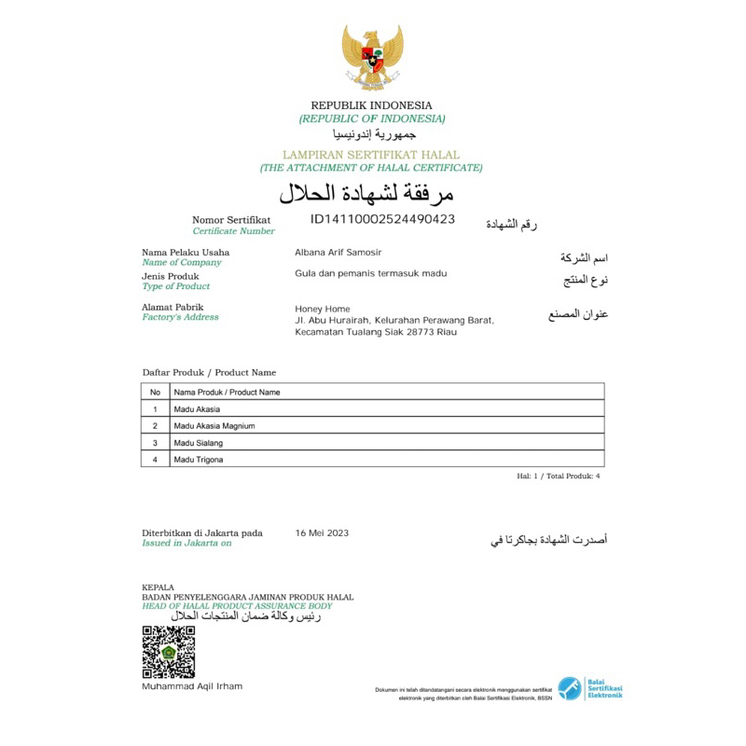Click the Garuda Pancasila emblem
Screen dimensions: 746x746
(372, 58)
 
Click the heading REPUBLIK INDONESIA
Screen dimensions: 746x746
(371, 105)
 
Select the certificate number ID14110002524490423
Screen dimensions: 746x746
(382, 219)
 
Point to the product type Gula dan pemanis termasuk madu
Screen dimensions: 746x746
(370, 273)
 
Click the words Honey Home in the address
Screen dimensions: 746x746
(323, 309)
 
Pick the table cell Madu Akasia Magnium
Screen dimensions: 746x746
(214, 425)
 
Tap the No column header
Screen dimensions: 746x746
(155, 392)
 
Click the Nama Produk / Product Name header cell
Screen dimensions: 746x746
(227, 392)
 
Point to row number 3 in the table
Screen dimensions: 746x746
(155, 442)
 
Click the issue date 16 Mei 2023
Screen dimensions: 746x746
(322, 532)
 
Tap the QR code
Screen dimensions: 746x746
(168, 652)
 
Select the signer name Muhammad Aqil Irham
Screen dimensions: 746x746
(192, 686)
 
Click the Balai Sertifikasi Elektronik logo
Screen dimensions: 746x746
(590, 689)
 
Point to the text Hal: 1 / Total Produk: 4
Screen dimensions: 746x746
(558, 476)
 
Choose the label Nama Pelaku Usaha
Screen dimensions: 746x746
(186, 252)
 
